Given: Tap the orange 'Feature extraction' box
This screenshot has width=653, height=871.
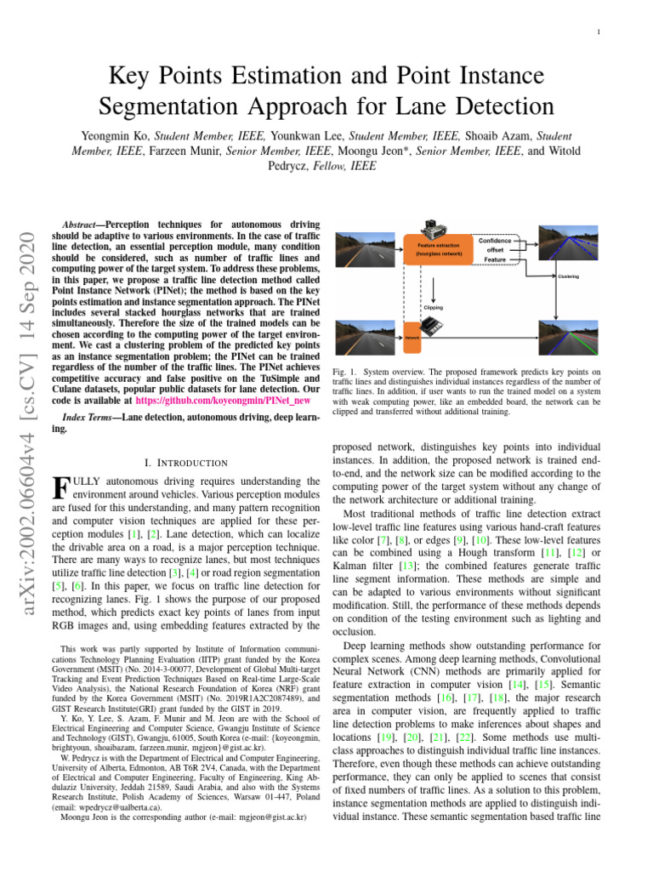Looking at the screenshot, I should tap(439, 248).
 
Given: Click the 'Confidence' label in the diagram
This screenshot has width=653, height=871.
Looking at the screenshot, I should tap(494, 241).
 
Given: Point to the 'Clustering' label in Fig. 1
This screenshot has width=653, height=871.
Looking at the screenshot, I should tap(569, 277).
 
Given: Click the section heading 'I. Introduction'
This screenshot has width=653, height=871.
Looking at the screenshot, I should tap(185, 463).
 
